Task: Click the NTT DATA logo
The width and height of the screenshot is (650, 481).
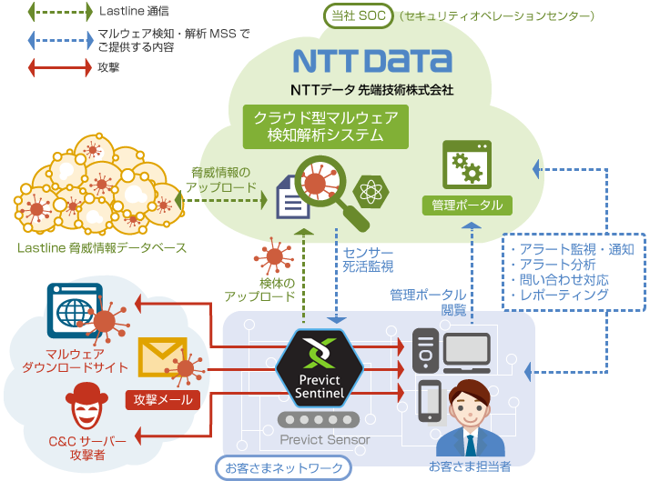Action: (x=372, y=61)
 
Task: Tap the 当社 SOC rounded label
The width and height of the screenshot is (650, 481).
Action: (x=358, y=15)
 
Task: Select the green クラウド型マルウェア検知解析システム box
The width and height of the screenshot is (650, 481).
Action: (x=325, y=126)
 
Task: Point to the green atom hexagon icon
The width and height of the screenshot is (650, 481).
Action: (x=371, y=191)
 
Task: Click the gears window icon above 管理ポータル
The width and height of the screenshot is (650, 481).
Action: (x=467, y=165)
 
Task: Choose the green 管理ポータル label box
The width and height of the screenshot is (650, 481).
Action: (x=467, y=205)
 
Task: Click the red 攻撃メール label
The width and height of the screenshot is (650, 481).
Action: (x=162, y=399)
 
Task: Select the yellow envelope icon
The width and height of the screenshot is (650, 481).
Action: (x=162, y=356)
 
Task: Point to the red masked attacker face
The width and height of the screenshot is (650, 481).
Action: (x=86, y=406)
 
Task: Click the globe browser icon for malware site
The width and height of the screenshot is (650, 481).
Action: (x=75, y=310)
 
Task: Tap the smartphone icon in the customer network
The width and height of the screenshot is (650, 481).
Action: (x=430, y=401)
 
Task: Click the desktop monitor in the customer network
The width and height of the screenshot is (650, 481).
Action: (x=467, y=353)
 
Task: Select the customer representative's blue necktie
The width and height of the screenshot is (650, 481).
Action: (x=471, y=446)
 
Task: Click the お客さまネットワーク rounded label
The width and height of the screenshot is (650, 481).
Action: (x=283, y=467)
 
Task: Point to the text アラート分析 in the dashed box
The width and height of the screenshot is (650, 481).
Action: (x=557, y=264)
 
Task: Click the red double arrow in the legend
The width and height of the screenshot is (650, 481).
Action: (x=60, y=67)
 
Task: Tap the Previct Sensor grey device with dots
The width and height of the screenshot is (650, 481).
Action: (x=319, y=420)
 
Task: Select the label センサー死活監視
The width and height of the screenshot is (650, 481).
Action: (x=368, y=259)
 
